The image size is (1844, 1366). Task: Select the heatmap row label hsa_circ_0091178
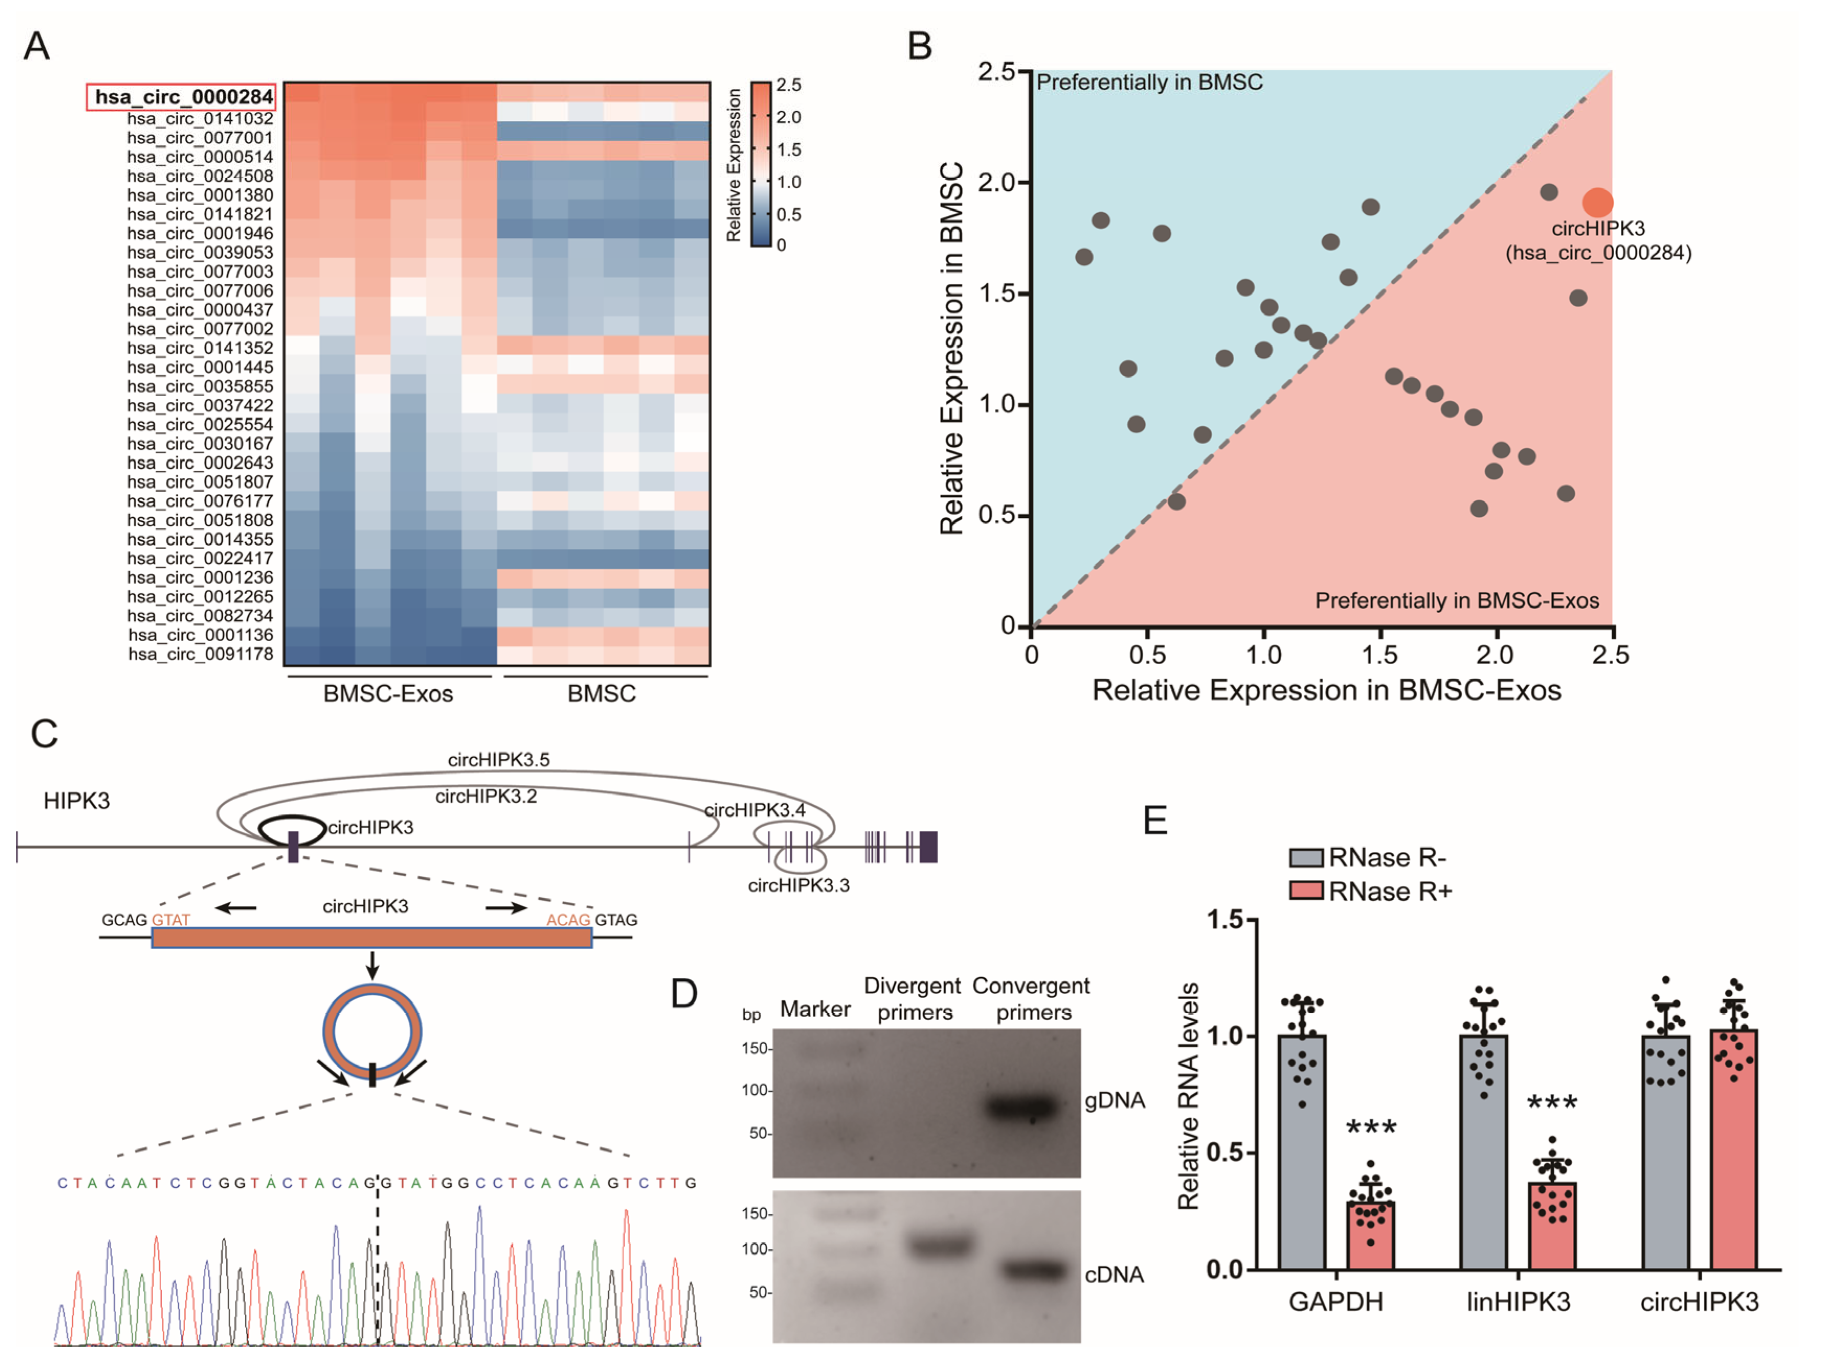point(200,654)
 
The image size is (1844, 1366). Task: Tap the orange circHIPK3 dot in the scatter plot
point(1598,203)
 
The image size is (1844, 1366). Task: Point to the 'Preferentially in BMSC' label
point(1149,82)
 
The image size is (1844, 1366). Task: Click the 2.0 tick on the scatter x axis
point(1495,655)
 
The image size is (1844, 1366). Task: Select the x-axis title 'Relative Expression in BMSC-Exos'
point(1326,690)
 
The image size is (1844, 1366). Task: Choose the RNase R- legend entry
point(1368,858)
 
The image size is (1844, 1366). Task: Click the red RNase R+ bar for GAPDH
point(1370,1234)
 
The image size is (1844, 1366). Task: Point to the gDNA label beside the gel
point(1114,1099)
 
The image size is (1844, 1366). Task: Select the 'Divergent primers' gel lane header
point(913,998)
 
